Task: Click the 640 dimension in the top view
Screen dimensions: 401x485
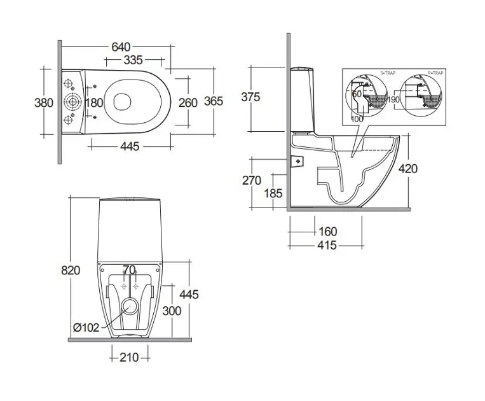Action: [x=121, y=47]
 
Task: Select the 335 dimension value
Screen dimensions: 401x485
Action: [x=133, y=60]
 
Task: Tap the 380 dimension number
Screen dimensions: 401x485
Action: [x=43, y=102]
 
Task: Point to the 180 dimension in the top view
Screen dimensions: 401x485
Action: [x=94, y=102]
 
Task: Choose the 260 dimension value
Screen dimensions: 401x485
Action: [x=188, y=102]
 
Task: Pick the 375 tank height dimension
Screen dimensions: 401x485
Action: [x=251, y=97]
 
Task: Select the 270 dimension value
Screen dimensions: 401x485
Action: [x=252, y=181]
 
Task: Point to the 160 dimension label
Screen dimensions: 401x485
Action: [x=327, y=232]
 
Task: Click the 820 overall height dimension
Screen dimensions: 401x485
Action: [x=71, y=270]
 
